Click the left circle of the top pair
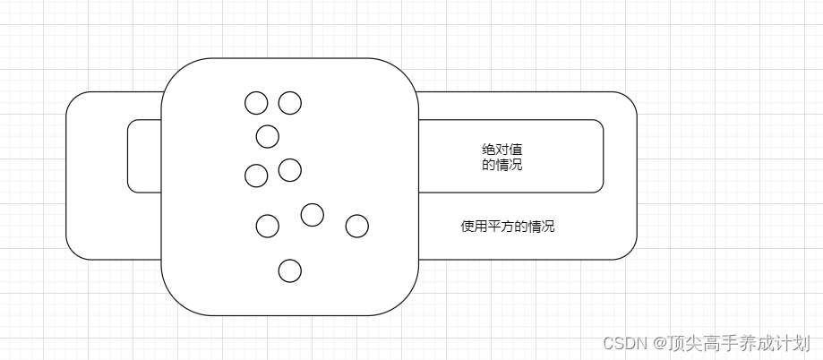click(256, 103)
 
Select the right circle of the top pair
click(289, 103)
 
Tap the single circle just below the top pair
click(267, 136)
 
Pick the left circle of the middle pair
click(256, 176)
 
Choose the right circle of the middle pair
click(289, 169)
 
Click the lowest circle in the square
click(289, 270)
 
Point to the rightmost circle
click(356, 226)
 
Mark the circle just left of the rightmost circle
click(312, 215)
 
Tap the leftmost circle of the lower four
click(267, 226)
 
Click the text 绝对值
click(502, 150)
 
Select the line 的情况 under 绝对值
click(502, 165)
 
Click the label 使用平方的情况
click(508, 227)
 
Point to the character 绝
click(488, 150)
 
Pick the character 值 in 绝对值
click(516, 150)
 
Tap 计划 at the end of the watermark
click(795, 343)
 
